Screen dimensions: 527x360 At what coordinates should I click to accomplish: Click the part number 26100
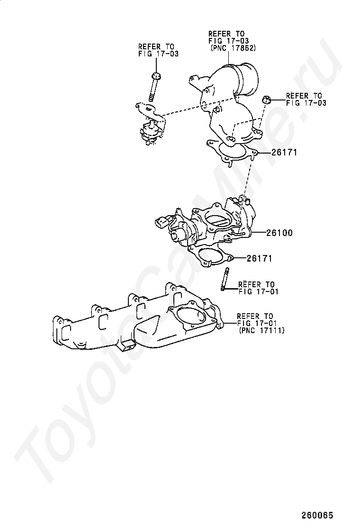point(279,233)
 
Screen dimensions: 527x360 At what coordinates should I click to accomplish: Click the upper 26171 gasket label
point(284,153)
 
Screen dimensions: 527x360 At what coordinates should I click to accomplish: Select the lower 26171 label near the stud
point(259,258)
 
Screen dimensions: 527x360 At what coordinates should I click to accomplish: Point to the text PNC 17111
point(262,331)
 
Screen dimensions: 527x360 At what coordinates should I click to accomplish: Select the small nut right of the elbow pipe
point(266,100)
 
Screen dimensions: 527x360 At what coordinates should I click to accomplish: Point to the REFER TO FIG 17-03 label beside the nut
point(306,99)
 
